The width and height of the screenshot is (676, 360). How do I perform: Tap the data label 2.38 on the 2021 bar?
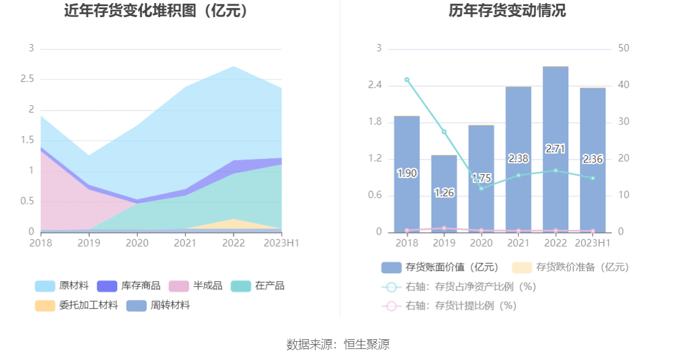tap(518, 159)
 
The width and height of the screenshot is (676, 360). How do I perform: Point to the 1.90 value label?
tap(407, 174)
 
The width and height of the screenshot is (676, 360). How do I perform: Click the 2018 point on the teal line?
tap(407, 79)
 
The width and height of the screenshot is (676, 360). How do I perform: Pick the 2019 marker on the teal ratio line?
tap(444, 132)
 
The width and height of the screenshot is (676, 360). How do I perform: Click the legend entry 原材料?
tap(62, 285)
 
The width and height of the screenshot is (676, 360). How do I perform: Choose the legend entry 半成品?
tap(197, 285)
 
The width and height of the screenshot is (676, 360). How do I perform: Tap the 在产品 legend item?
tap(258, 285)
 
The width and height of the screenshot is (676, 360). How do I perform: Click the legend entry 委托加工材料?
tap(77, 305)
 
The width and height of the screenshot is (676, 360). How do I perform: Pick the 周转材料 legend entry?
tap(159, 305)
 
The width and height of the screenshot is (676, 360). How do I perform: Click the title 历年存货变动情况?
tap(507, 10)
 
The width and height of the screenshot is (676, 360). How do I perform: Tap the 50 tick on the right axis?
tap(624, 48)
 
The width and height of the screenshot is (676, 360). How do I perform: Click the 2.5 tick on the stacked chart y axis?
tap(27, 79)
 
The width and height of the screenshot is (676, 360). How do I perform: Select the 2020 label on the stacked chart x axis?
tap(137, 243)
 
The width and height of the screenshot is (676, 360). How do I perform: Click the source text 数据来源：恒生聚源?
tap(338, 344)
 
